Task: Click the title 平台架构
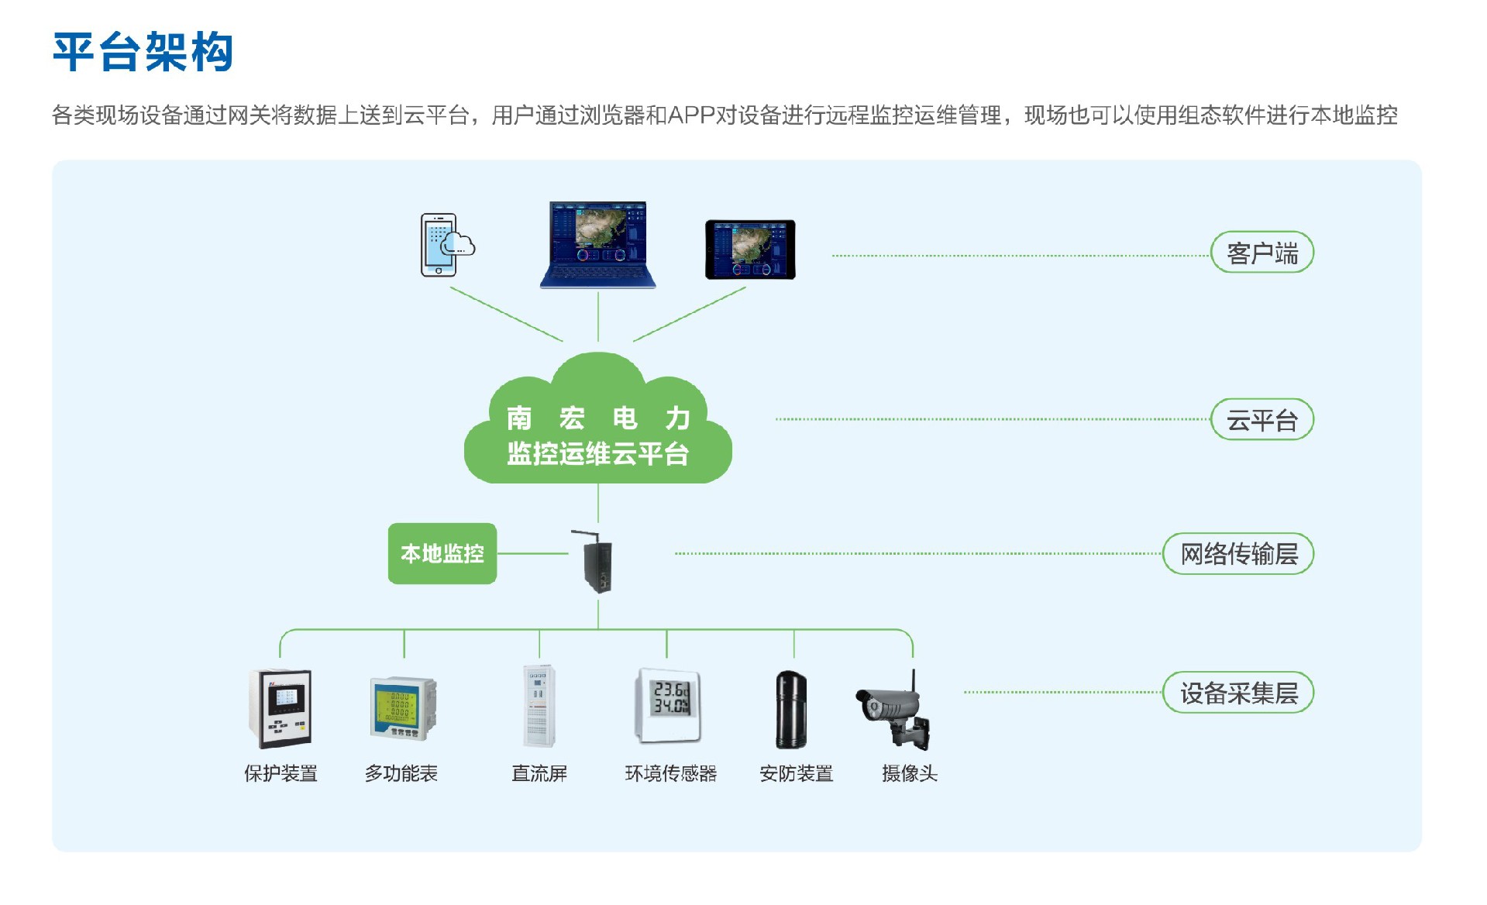(x=143, y=53)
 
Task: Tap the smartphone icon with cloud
(x=444, y=245)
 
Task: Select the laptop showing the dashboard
(x=597, y=245)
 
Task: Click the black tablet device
(x=749, y=249)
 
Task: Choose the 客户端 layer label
(x=1262, y=253)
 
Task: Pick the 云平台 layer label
(x=1262, y=420)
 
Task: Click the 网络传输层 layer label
(x=1238, y=554)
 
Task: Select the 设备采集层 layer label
(x=1238, y=693)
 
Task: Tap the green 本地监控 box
(x=442, y=553)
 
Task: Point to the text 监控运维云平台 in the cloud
(x=597, y=454)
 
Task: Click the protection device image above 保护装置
(x=281, y=708)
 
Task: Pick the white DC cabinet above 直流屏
(x=539, y=705)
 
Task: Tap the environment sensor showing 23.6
(x=669, y=704)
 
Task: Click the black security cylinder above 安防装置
(x=791, y=709)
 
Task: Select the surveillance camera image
(x=895, y=709)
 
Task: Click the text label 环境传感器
(x=671, y=773)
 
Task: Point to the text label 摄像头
(x=909, y=773)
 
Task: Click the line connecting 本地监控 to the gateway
(x=533, y=553)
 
